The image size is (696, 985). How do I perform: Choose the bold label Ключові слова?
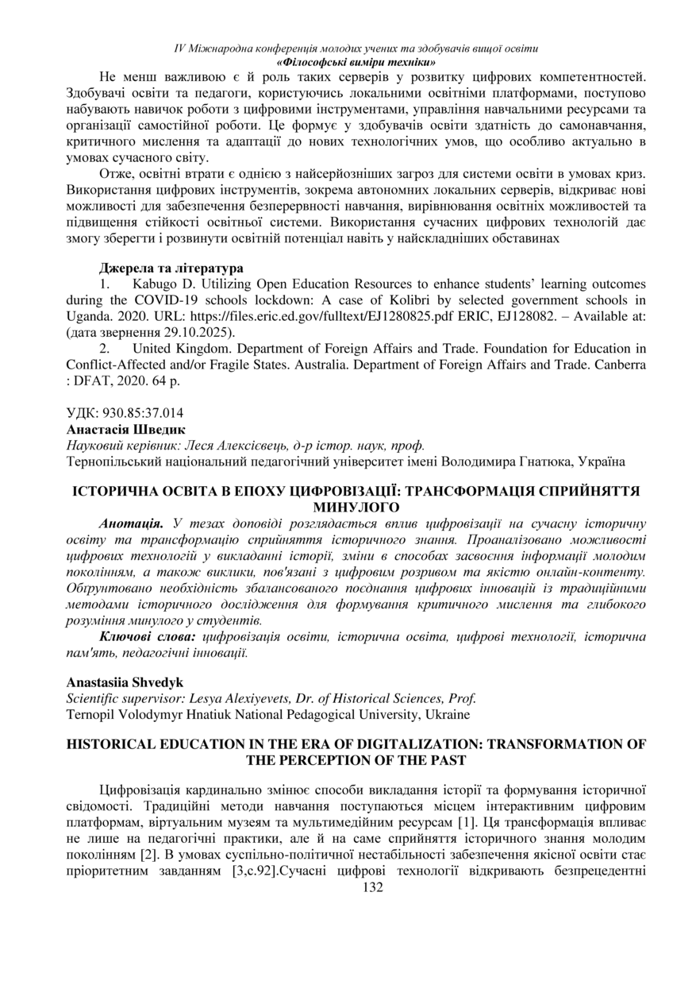[x=148, y=637]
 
